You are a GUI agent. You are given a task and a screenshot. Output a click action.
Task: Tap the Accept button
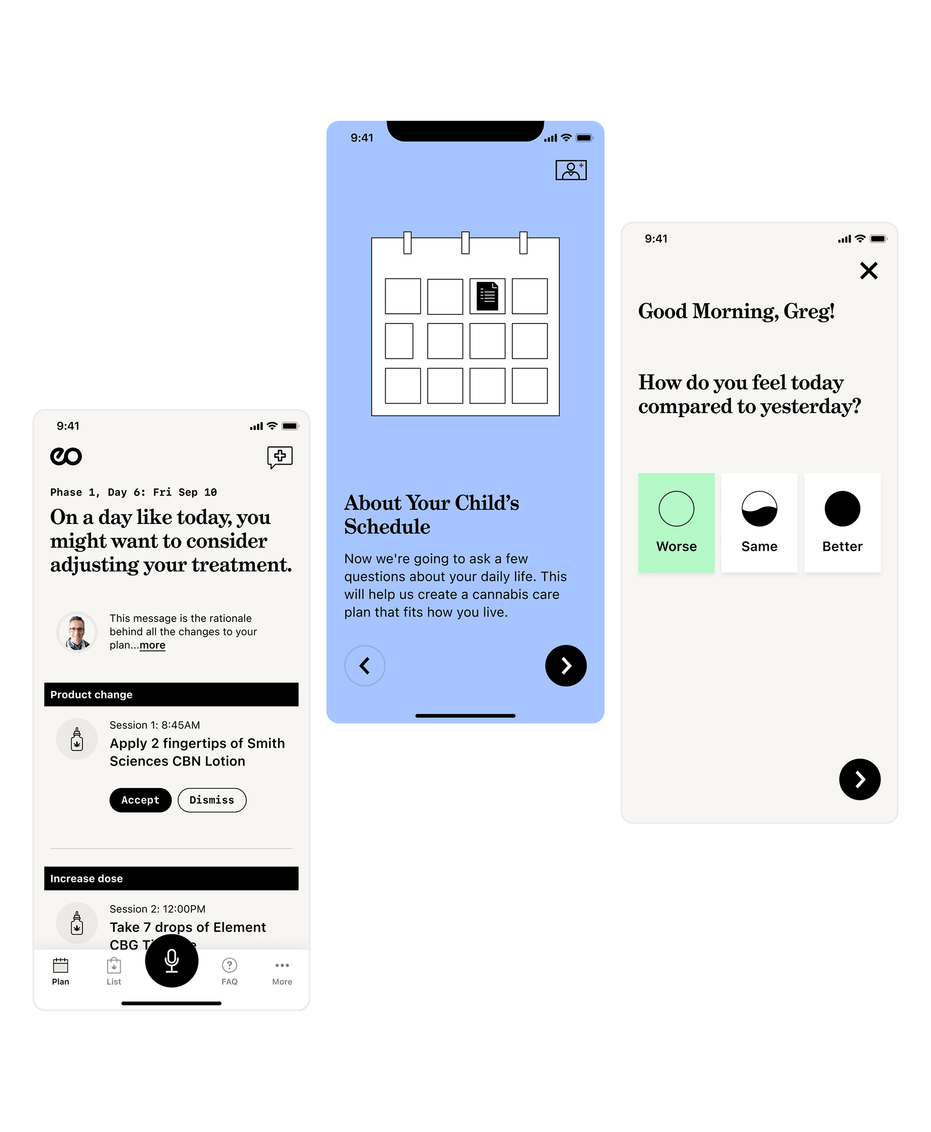click(140, 800)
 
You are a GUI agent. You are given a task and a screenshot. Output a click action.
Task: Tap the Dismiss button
click(212, 800)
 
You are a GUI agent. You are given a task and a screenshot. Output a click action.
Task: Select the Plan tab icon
click(60, 965)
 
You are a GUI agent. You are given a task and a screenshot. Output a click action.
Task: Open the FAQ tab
click(230, 971)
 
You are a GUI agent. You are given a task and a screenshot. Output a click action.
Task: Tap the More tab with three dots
click(282, 971)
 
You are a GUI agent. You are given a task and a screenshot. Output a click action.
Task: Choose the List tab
click(114, 971)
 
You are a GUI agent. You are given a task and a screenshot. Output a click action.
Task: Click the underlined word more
click(152, 645)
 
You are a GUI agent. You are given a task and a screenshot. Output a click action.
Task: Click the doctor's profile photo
click(77, 632)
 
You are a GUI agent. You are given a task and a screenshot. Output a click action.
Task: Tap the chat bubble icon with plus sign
click(280, 457)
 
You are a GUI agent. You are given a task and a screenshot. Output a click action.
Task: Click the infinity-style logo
click(66, 457)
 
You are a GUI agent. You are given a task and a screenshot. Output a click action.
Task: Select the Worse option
click(676, 522)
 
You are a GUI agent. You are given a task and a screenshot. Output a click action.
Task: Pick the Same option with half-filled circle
click(759, 522)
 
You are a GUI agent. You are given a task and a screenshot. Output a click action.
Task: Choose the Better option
click(842, 522)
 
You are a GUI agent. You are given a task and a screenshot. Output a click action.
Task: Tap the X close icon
click(869, 271)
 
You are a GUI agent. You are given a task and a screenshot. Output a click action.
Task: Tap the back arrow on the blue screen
click(365, 666)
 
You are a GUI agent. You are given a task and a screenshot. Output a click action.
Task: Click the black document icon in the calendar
click(488, 296)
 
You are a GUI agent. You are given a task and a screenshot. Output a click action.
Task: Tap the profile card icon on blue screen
click(571, 170)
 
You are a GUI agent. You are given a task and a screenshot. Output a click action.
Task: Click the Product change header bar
click(171, 694)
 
